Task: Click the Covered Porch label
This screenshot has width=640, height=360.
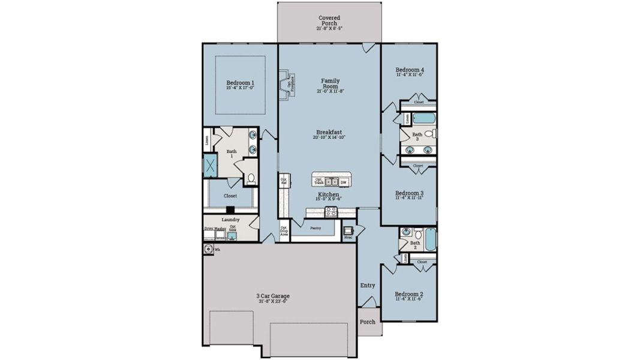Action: coord(329,21)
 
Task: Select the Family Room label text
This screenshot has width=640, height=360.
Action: coord(330,83)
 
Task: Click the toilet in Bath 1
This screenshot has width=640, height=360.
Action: coord(251,178)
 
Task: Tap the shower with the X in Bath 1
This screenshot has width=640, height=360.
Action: coord(210,166)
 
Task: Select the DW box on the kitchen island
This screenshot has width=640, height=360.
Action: coord(344,181)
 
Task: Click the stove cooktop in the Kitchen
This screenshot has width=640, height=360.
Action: coord(330,211)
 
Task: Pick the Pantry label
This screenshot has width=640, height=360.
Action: coord(316,228)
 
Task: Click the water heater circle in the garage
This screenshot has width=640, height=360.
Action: coord(208,249)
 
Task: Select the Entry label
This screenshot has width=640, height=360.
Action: coord(367,286)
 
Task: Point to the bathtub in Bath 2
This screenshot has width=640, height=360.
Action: coord(430,239)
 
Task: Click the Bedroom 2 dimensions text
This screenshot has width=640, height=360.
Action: coord(410,300)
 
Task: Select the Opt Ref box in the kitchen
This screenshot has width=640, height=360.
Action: coord(283,180)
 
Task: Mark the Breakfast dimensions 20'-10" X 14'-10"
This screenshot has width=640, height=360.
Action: coord(329,137)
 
